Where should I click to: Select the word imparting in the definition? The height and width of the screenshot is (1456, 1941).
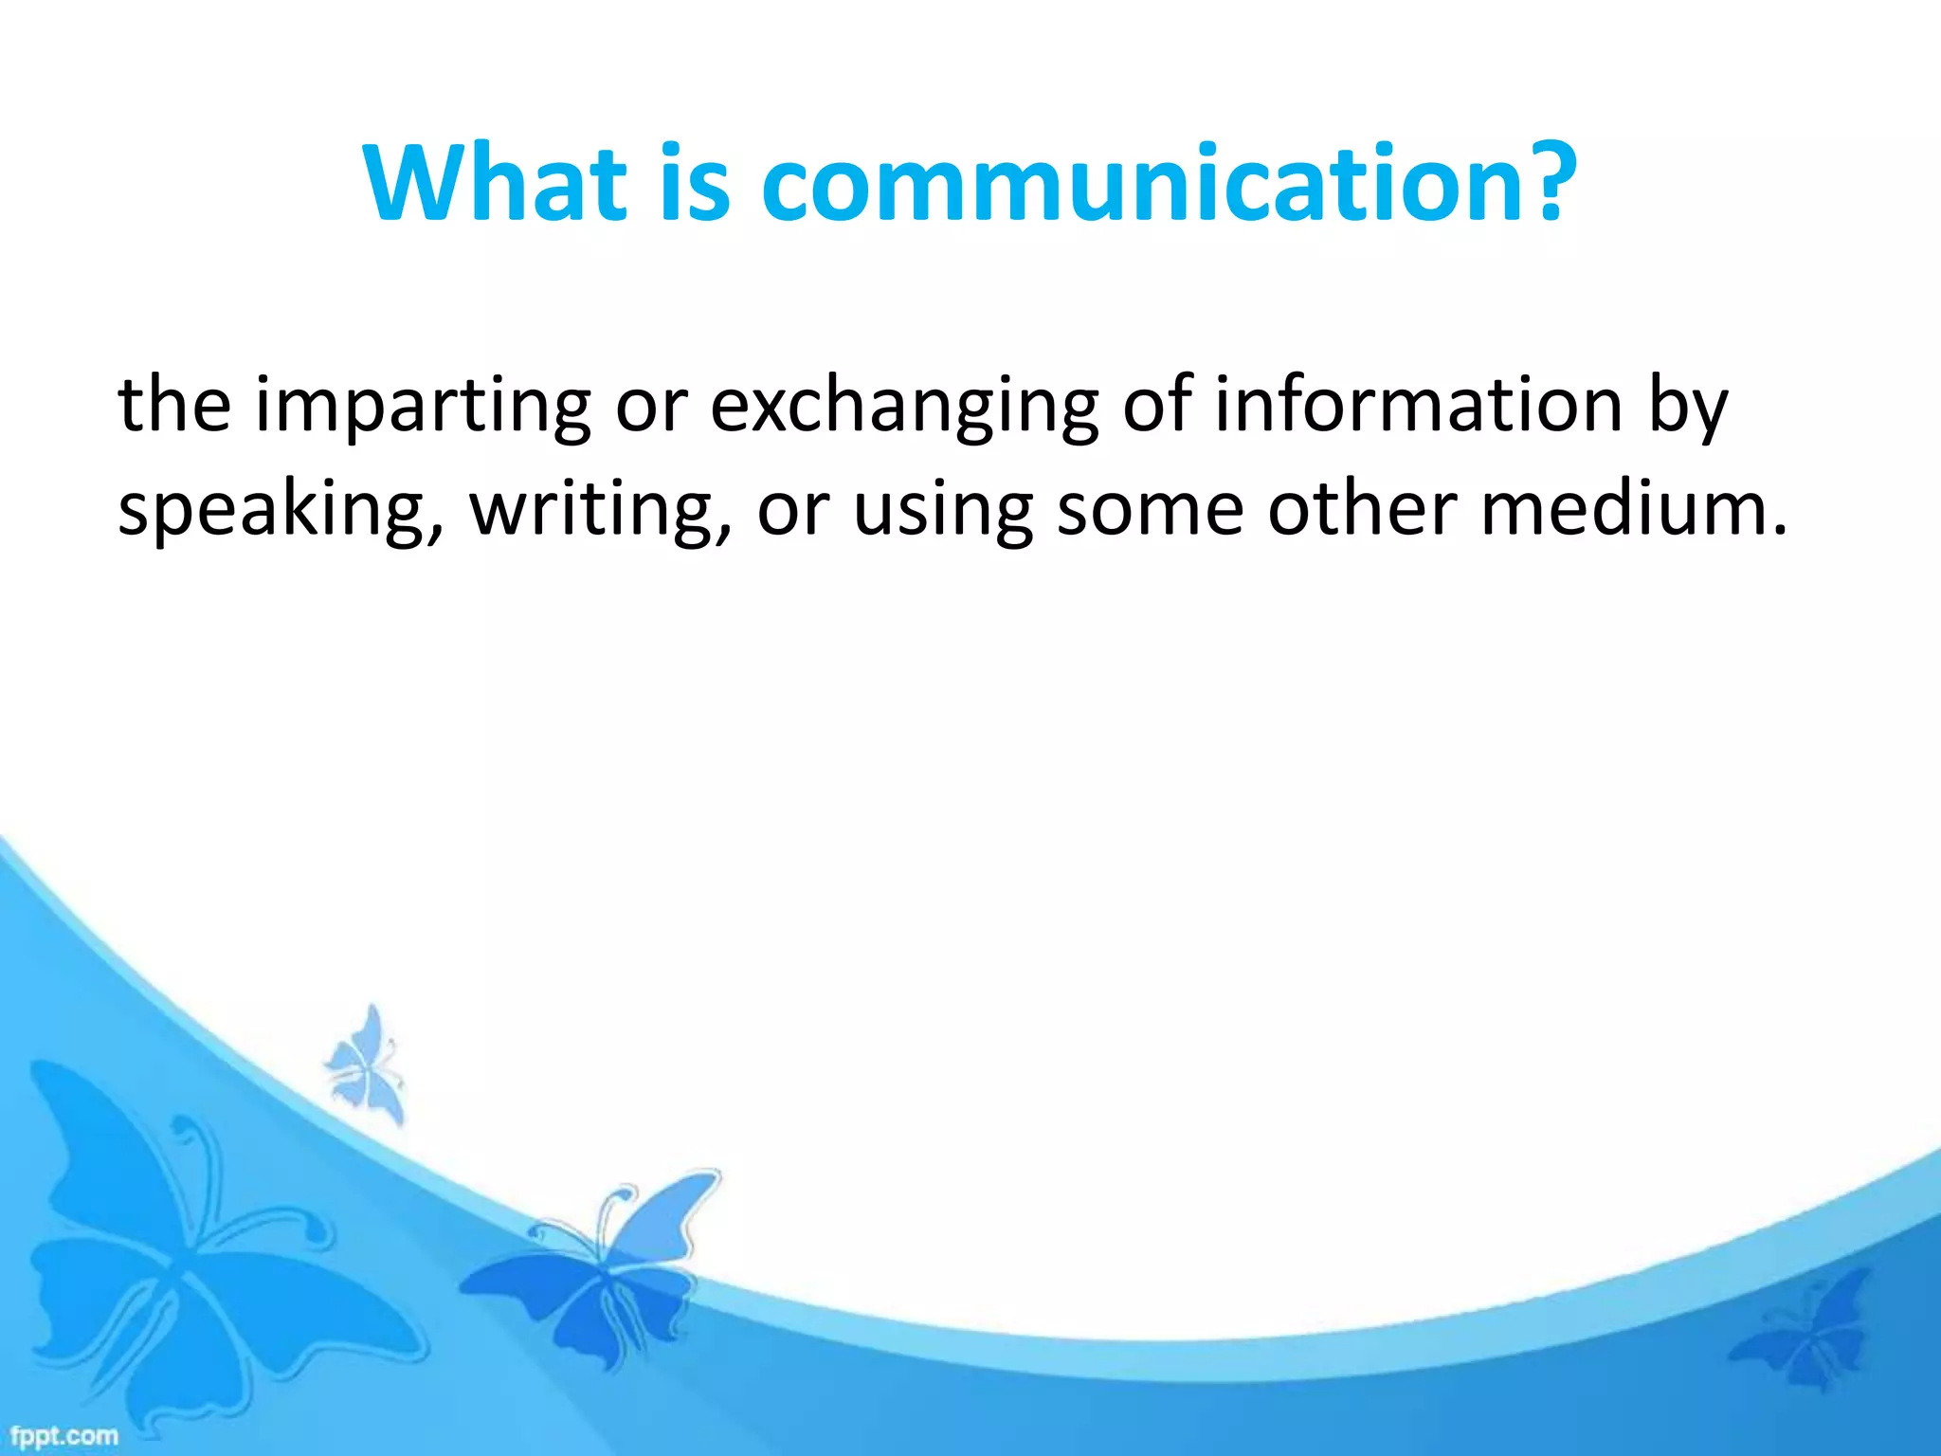point(423,408)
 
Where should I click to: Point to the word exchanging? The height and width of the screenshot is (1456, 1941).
point(905,408)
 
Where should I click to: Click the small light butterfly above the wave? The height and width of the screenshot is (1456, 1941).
point(365,1066)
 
